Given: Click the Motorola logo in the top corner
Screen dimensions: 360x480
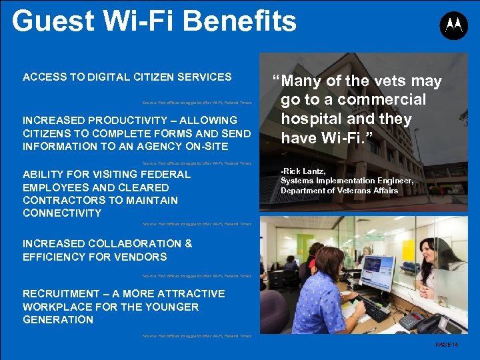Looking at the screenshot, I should coord(453,25).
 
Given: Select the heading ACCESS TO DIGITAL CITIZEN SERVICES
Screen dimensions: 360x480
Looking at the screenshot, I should coord(127,77).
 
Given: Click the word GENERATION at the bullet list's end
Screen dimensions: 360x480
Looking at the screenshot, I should coord(58,320).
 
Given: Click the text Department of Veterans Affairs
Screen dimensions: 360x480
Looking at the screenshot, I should coord(339,191).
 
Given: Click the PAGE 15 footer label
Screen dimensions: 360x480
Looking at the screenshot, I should coord(447,344).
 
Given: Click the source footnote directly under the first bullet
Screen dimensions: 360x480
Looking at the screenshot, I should coord(197,103).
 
